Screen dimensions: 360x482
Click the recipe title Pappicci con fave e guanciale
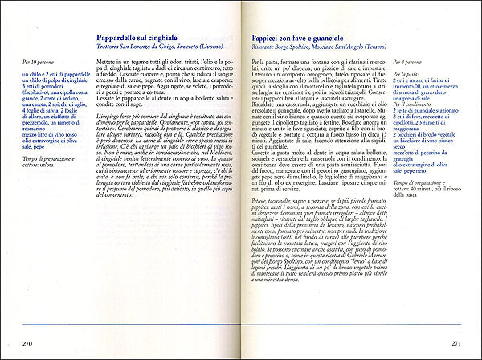(x=303, y=39)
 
